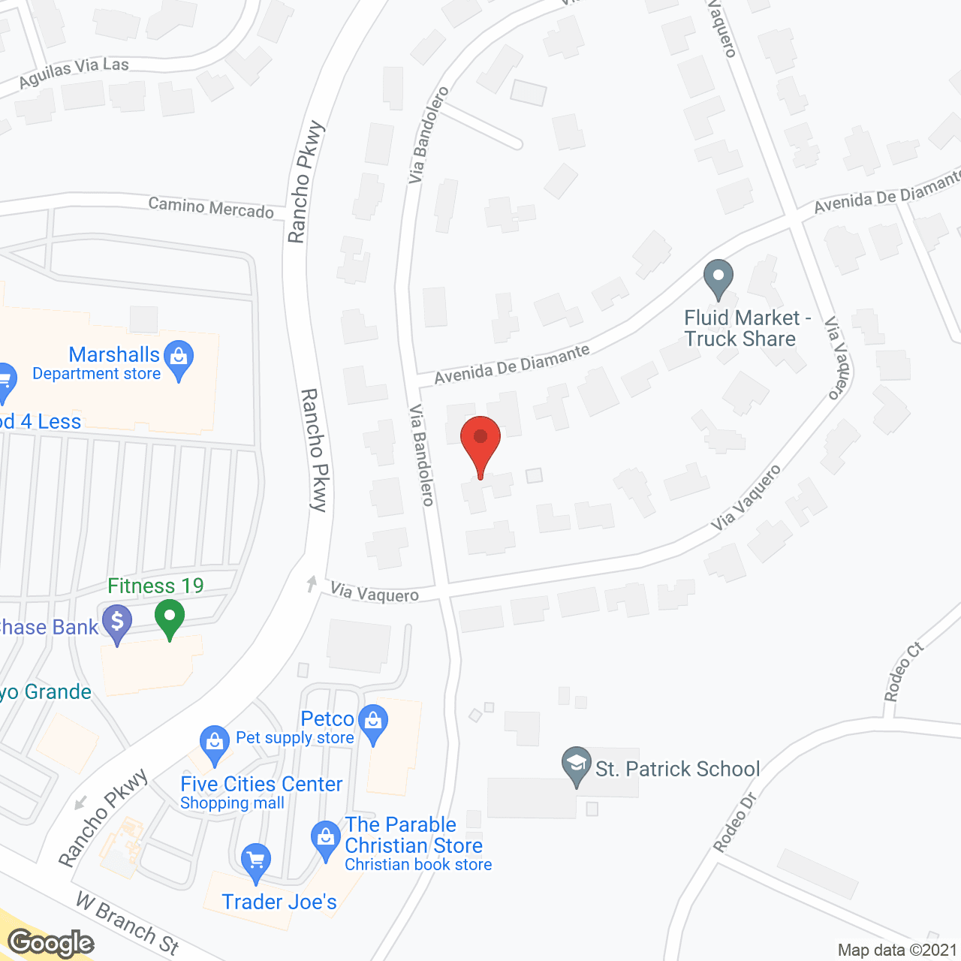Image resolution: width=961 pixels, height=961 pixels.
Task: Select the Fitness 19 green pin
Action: (170, 619)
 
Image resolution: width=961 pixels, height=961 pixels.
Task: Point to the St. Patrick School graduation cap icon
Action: (576, 764)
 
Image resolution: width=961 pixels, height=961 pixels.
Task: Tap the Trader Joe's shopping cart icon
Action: (255, 861)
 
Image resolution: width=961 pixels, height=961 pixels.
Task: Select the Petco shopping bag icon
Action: (373, 722)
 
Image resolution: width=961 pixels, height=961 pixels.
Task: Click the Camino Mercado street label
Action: (211, 208)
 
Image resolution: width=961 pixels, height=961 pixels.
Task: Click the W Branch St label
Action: (128, 923)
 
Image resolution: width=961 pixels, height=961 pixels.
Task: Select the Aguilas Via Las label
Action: (74, 72)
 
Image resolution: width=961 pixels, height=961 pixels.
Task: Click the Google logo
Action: (51, 943)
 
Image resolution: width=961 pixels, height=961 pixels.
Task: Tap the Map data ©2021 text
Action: (897, 950)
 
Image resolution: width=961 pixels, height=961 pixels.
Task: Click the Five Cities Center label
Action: (261, 785)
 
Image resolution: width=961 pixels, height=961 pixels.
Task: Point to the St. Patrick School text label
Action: (677, 769)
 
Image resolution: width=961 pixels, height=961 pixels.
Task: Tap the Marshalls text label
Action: (114, 354)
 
